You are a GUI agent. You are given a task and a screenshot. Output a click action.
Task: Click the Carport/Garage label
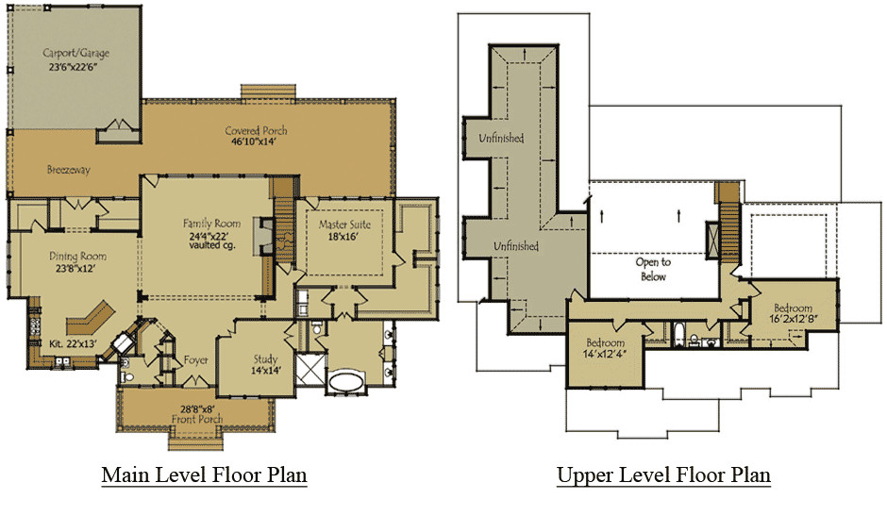coord(75,53)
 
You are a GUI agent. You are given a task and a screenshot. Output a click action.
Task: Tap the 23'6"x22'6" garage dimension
coord(75,67)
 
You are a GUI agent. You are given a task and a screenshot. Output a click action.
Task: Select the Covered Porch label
coord(256,131)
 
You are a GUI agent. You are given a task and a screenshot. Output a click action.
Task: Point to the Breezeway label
coord(69,170)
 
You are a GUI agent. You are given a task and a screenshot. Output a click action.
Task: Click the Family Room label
coord(211,224)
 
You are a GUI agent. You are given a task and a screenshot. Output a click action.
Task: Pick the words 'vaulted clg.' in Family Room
coord(212,245)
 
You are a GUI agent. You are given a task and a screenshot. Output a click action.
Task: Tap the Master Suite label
coord(343,225)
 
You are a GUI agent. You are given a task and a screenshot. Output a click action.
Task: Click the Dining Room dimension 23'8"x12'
coord(75,269)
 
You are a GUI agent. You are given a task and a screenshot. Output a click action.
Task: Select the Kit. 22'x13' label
coord(73,343)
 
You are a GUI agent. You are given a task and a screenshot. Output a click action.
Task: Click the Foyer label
coord(195,359)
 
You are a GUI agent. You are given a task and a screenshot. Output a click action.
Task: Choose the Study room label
coord(265,359)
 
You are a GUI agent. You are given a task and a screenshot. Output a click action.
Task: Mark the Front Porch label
coord(197,419)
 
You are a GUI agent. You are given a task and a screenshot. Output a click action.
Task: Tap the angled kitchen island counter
coord(91,317)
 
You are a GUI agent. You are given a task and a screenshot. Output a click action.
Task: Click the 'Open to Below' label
coord(653,269)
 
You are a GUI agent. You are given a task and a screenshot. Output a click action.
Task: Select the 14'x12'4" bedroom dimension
coord(605,355)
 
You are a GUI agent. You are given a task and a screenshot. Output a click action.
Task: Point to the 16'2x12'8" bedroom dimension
coord(793,319)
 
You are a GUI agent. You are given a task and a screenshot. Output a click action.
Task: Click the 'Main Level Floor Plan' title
coord(204,474)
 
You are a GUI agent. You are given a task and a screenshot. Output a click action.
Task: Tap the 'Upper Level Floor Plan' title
coord(663,474)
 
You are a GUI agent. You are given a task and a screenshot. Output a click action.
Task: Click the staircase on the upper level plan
coord(729,231)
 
